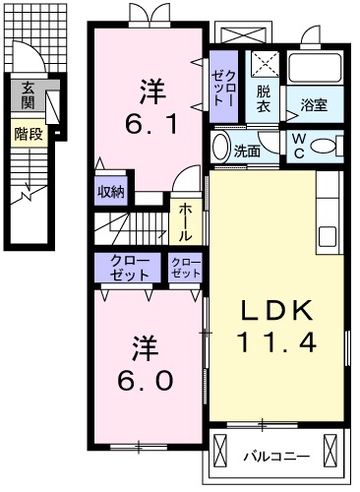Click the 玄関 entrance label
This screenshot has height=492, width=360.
[28, 95]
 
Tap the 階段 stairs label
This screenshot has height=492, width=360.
[29, 134]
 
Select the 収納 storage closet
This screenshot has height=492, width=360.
[111, 192]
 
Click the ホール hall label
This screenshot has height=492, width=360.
[186, 221]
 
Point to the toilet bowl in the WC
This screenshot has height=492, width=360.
[323, 146]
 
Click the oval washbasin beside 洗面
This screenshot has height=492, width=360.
[221, 147]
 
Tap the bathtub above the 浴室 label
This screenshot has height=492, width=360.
[315, 68]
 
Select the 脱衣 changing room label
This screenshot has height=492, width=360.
[264, 99]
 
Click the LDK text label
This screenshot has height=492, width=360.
[276, 310]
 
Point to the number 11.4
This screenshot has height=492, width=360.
[276, 341]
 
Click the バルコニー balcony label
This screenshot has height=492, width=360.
[276, 457]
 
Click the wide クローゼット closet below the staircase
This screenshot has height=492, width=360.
[128, 268]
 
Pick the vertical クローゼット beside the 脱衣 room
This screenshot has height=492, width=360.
[223, 87]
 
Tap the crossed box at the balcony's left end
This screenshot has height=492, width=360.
[219, 449]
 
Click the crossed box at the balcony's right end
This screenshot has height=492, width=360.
[330, 449]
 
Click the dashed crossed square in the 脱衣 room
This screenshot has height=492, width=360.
[266, 64]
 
